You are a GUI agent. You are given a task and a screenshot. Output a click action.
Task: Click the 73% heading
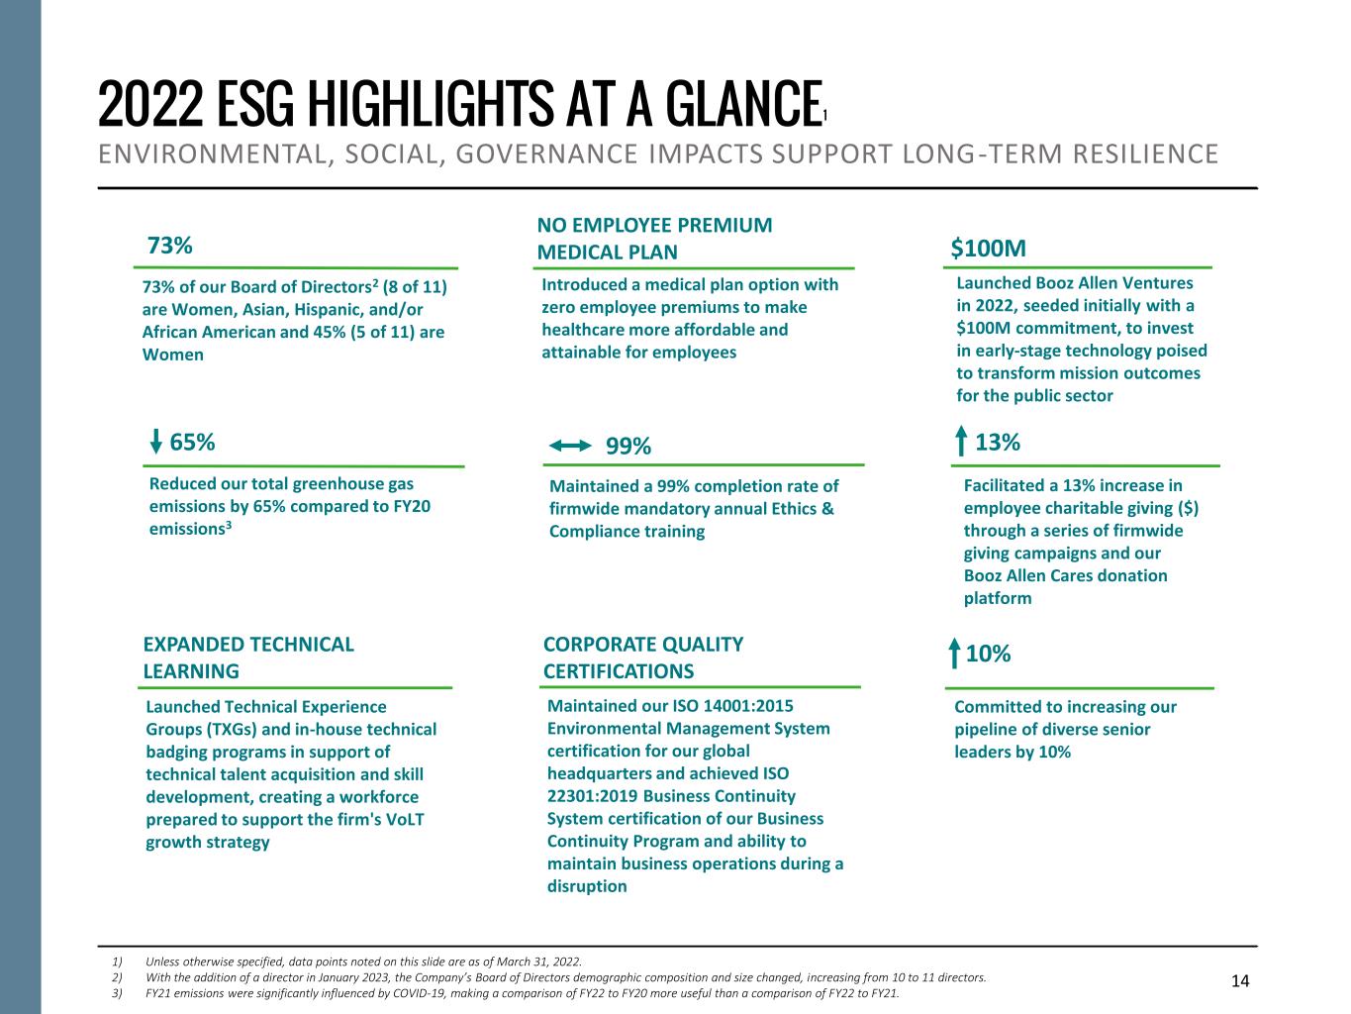point(169,245)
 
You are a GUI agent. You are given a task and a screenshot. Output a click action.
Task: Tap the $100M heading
point(988,247)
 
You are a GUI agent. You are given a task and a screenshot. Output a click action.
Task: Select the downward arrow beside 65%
point(156,442)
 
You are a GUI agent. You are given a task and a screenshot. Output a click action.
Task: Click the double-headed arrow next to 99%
point(569,447)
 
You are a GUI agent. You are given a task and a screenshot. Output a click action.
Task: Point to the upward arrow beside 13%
point(961,442)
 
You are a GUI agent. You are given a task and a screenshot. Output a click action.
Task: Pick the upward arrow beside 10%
point(953,655)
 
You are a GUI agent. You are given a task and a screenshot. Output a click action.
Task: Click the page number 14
point(1240,981)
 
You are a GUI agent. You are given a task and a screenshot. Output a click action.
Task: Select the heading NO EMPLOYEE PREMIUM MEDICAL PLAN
point(654,239)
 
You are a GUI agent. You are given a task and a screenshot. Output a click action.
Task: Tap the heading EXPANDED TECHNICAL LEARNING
point(248,658)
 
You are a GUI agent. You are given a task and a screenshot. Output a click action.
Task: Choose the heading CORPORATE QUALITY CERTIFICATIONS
point(643,658)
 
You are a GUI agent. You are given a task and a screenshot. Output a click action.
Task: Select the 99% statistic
point(628,447)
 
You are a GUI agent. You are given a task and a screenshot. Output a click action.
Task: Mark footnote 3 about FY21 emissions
point(522,993)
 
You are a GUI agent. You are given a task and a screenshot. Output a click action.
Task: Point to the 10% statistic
point(988,654)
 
